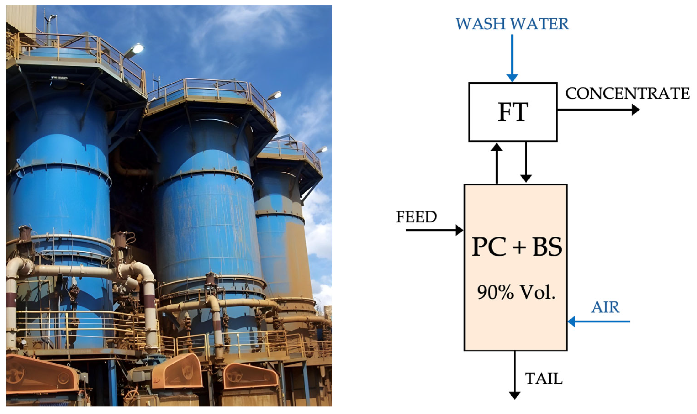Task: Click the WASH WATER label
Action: [512, 24]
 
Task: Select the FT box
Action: [513, 112]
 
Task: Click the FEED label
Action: [416, 217]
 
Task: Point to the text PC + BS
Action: [517, 247]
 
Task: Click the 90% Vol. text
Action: [516, 292]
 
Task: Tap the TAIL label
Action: [543, 379]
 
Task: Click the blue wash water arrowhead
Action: [512, 78]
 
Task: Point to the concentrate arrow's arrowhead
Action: [635, 110]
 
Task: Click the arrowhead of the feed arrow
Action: [459, 230]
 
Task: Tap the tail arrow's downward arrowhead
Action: [514, 395]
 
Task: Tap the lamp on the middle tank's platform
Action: [276, 95]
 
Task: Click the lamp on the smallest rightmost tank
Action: [322, 150]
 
